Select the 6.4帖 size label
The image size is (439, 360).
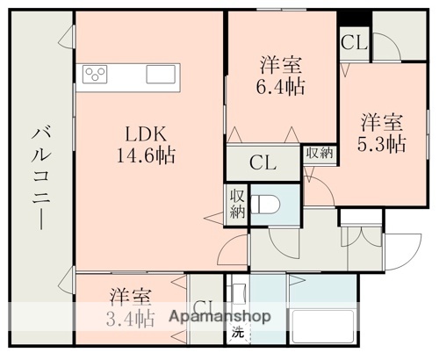pyautogui.click(x=281, y=86)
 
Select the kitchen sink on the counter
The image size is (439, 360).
pyautogui.click(x=162, y=74)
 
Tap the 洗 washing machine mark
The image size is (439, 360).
pyautogui.click(x=236, y=333)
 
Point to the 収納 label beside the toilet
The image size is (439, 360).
pyautogui.click(x=237, y=204)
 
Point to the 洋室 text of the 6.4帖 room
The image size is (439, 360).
pyautogui.click(x=281, y=63)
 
